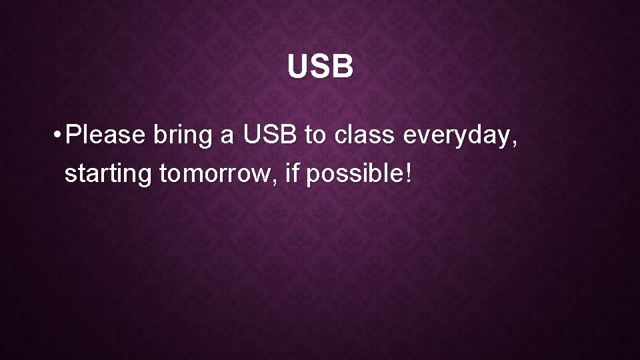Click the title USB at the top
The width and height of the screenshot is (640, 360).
(x=320, y=67)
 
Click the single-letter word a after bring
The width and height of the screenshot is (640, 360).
(x=227, y=138)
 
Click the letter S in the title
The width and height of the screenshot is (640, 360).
(x=319, y=67)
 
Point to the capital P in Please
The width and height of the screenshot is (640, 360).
(x=73, y=135)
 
